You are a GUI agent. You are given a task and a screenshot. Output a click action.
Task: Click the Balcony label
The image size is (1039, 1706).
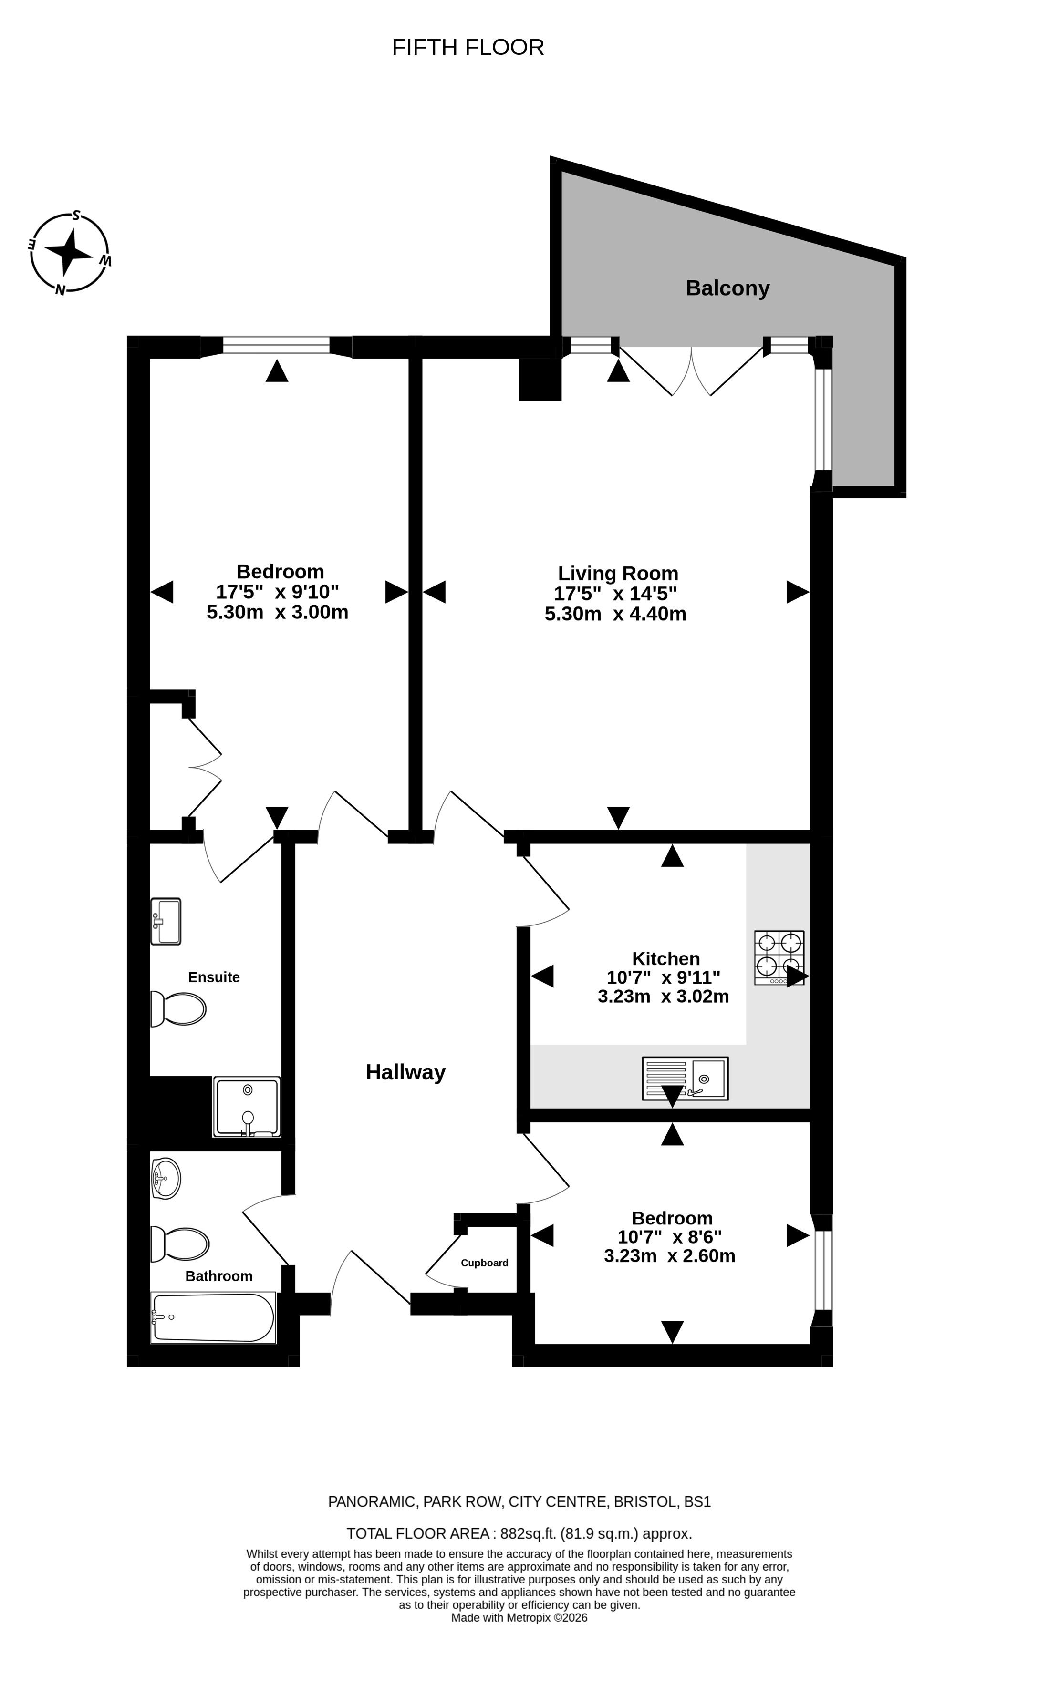[x=727, y=288]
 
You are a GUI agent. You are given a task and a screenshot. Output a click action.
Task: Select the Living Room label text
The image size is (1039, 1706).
[x=618, y=573]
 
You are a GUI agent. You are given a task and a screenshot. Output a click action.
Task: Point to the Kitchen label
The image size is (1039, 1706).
[x=665, y=958]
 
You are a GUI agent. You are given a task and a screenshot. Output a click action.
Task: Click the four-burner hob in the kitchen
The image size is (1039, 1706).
[x=779, y=957]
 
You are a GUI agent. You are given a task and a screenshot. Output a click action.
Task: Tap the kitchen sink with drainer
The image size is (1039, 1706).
[x=685, y=1078]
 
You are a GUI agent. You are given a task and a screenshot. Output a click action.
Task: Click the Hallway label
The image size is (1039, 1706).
[x=405, y=1072]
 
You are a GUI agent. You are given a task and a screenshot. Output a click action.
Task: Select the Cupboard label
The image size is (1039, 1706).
[x=484, y=1262]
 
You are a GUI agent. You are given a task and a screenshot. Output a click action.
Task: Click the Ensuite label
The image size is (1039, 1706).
[x=214, y=977]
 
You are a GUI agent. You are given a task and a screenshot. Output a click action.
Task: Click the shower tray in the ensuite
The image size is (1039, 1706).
[x=247, y=1106]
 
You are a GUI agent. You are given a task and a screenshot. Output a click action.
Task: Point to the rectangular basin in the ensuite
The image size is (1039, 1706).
[x=166, y=922]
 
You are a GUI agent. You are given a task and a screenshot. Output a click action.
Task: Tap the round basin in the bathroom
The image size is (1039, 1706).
[x=166, y=1178]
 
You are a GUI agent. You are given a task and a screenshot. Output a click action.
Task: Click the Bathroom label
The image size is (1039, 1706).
[x=219, y=1276]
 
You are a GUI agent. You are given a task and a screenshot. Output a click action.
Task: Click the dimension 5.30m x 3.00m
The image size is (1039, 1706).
[x=277, y=612]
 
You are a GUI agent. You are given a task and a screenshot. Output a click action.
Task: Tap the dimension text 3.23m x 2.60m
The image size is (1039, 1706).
[x=669, y=1255]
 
